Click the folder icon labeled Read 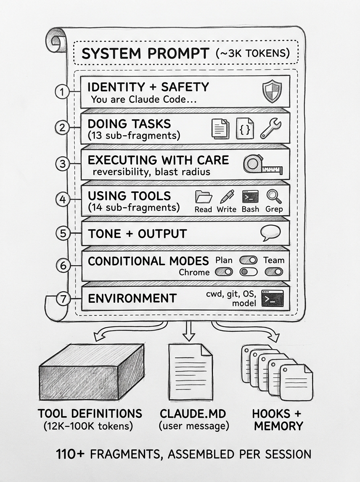[203, 197]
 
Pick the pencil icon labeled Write [227, 196]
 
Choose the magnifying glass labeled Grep [274, 196]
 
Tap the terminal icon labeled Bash [250, 196]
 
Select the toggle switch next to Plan [248, 260]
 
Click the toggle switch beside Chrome [224, 272]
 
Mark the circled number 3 [63, 164]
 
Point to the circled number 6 [63, 266]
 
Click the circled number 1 [62, 92]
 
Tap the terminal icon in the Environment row [272, 298]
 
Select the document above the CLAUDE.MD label [189, 372]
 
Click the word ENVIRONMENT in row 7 [132, 298]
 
